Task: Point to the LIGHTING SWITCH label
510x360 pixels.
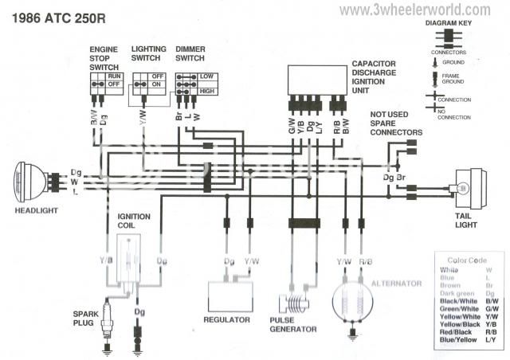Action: tap(148, 53)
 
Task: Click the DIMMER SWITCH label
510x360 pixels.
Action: tap(190, 53)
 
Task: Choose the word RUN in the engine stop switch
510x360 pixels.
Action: tap(115, 75)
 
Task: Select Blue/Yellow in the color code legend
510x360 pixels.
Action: tap(456, 341)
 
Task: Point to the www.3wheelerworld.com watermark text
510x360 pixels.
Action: tap(414, 10)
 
